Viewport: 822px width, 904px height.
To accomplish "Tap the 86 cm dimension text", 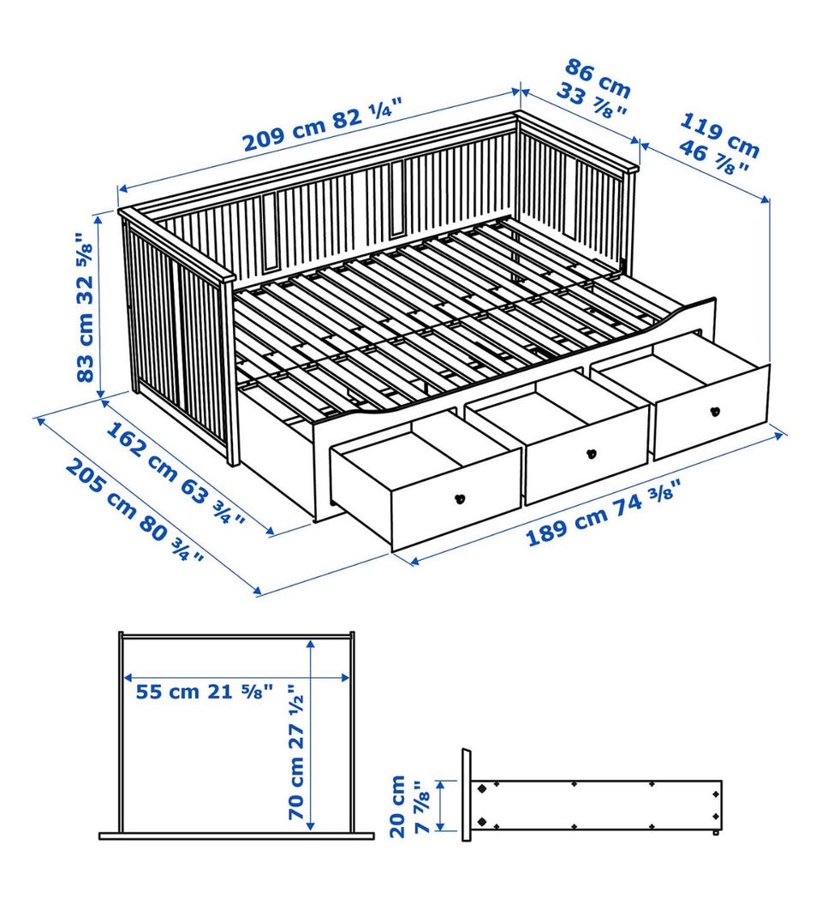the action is tap(597, 78).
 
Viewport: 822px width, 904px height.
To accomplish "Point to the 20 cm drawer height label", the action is tap(398, 806).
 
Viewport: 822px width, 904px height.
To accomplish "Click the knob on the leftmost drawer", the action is tap(460, 499).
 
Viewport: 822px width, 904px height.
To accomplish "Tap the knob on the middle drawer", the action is tap(591, 454).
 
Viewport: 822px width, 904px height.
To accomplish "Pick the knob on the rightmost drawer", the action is tap(715, 412).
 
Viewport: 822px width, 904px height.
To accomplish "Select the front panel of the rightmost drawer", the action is tap(712, 412).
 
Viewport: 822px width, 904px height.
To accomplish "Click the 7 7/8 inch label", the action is tap(424, 807).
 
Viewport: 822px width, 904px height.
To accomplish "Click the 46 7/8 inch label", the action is tap(714, 157).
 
